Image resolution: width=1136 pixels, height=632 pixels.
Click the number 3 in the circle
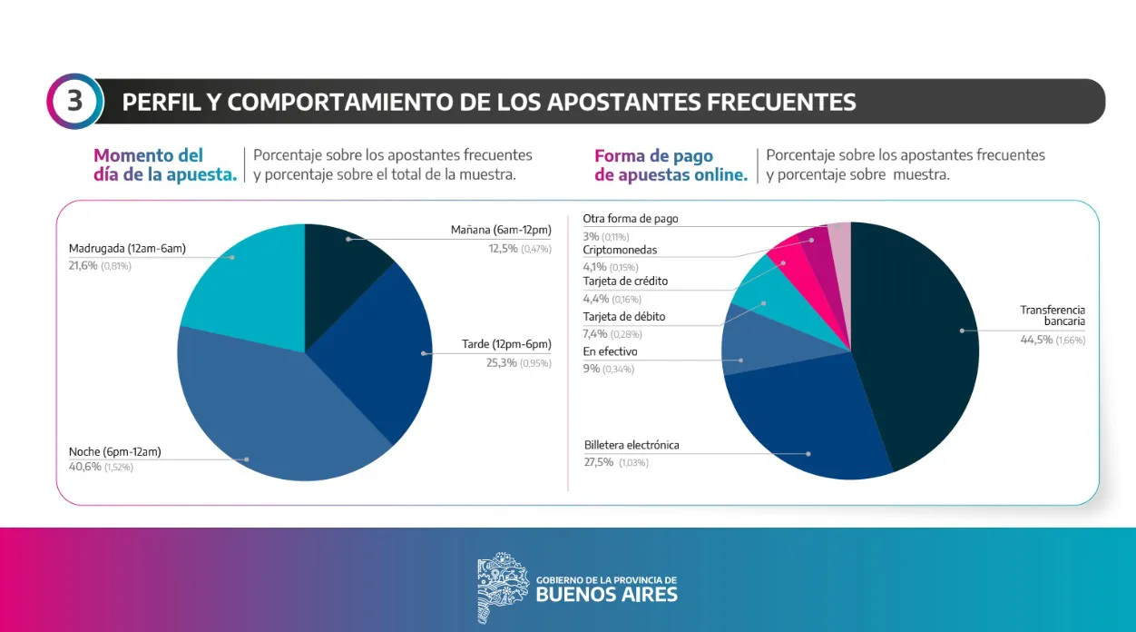click(x=73, y=101)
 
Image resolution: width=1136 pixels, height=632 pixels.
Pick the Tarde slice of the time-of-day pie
click(x=381, y=354)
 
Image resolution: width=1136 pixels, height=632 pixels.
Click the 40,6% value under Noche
click(x=83, y=467)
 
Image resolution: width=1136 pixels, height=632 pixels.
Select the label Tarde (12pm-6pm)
click(x=506, y=344)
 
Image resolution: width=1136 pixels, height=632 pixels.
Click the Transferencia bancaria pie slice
click(x=916, y=345)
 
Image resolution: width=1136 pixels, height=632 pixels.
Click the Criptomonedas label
click(x=620, y=250)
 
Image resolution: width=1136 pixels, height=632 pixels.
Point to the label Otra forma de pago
click(x=630, y=219)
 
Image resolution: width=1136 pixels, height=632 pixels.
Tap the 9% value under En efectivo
click(x=591, y=369)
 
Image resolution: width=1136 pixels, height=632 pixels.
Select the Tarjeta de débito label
click(x=623, y=317)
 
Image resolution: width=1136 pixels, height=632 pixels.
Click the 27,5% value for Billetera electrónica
click(x=599, y=461)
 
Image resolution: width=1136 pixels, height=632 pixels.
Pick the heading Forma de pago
click(x=653, y=156)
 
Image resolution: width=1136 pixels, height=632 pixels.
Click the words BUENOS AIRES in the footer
click(x=606, y=596)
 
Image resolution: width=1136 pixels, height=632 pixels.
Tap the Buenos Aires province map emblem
click(x=502, y=588)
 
